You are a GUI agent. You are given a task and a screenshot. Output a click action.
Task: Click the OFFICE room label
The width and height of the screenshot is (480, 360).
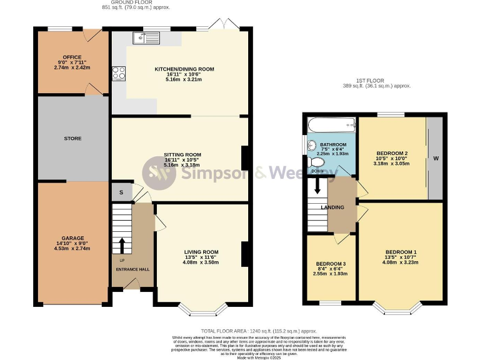coord(63,57)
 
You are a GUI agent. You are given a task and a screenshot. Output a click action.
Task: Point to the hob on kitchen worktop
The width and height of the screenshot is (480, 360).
coord(119,73)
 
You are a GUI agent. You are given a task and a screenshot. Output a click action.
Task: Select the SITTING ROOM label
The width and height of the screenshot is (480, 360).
coord(182,154)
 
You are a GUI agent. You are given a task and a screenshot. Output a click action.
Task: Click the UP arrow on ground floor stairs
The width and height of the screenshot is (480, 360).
coord(122,244)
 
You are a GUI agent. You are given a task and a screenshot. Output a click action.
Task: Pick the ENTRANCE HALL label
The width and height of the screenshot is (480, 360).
coord(132,269)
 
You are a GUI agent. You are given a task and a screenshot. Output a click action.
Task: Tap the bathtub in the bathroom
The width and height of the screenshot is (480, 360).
coord(331,126)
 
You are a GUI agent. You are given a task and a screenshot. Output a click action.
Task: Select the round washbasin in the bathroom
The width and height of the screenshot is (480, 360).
coord(312,146)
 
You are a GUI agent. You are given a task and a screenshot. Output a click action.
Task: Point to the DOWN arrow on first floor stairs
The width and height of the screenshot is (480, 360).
coord(317,186)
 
